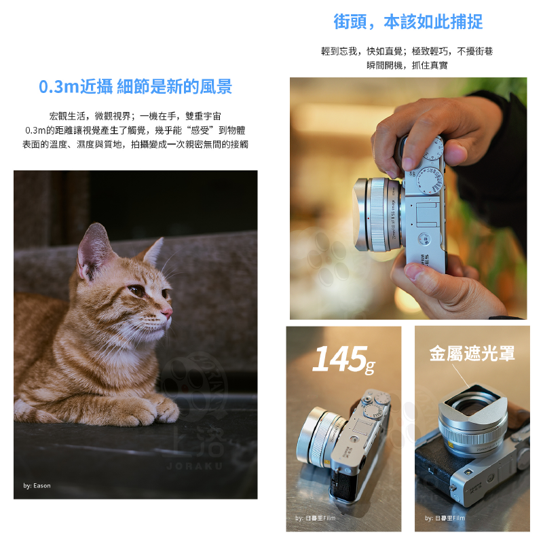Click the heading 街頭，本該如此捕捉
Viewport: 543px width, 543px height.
click(408, 22)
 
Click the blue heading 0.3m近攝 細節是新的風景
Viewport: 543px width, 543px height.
click(135, 87)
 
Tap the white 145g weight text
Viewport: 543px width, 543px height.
click(343, 360)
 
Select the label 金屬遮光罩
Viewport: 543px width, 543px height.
click(472, 354)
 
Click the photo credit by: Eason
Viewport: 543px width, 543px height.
click(37, 485)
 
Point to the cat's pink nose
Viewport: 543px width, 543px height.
click(167, 312)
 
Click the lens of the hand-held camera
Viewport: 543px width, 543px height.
click(375, 214)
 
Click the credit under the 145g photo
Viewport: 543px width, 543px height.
click(315, 518)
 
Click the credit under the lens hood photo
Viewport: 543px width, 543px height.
click(445, 518)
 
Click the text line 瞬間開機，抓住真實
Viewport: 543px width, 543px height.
click(407, 65)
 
